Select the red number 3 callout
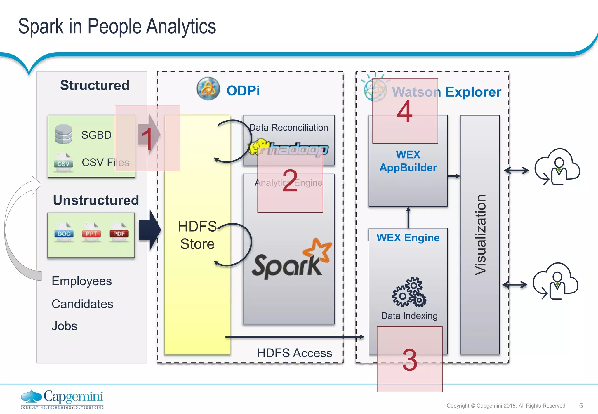[410, 359]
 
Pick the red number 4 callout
[405, 111]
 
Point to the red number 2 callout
[290, 181]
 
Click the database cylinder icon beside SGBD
[63, 134]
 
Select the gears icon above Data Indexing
[409, 292]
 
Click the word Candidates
[82, 304]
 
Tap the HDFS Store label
[197, 235]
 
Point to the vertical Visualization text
[480, 235]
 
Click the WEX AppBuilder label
[408, 161]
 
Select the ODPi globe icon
[208, 89]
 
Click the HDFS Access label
[294, 353]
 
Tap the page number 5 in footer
[581, 406]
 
